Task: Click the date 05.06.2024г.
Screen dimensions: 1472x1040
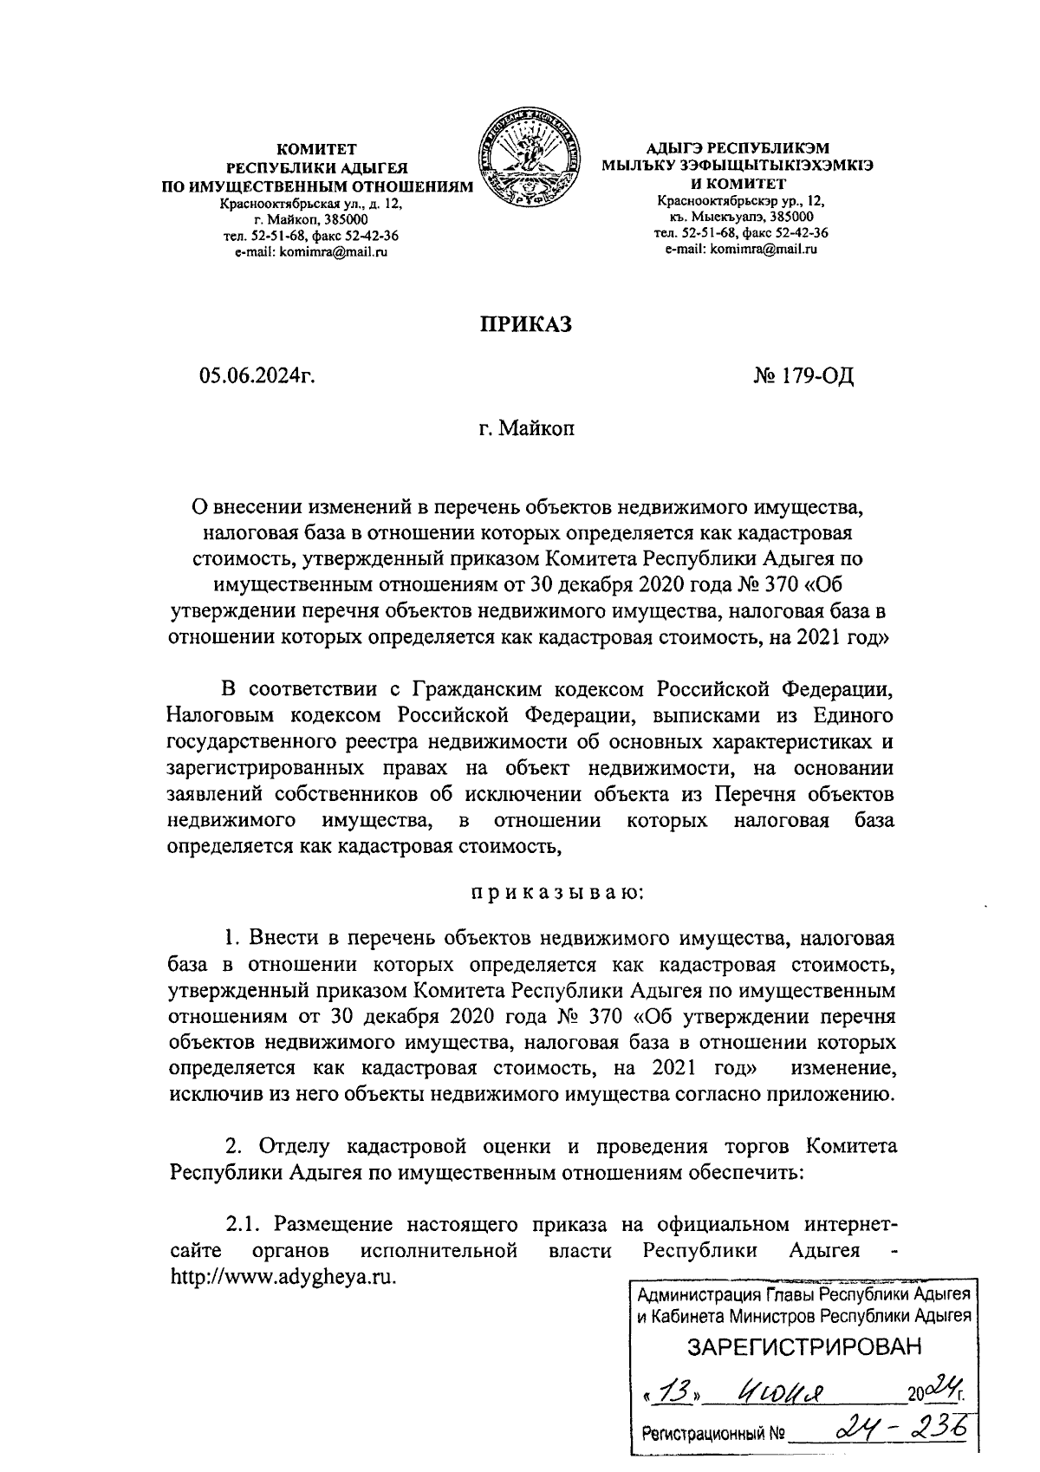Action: pyautogui.click(x=256, y=376)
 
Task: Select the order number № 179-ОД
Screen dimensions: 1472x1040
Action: pyautogui.click(x=804, y=376)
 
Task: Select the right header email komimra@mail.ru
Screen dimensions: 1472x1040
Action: pyautogui.click(x=741, y=249)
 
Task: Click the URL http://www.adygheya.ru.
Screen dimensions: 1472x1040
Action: pyautogui.click(x=286, y=1277)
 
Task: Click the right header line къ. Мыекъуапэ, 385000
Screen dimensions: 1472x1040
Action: pyautogui.click(x=741, y=217)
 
